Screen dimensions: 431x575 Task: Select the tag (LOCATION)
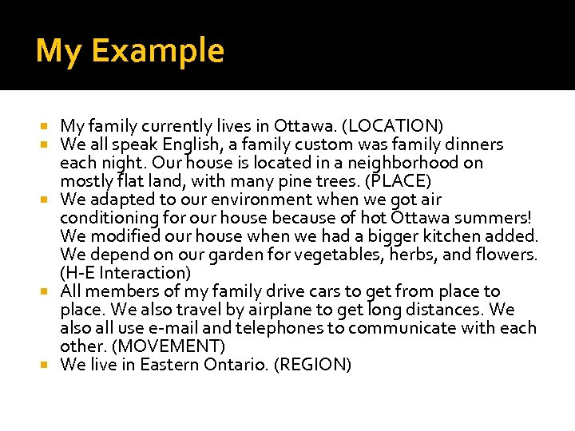tap(395, 126)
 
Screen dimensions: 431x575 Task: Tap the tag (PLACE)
tap(396, 181)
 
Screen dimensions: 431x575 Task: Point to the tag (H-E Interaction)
tap(125, 273)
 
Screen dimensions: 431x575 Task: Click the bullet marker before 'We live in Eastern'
tap(51, 365)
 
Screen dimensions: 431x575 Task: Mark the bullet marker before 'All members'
tap(51, 291)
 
